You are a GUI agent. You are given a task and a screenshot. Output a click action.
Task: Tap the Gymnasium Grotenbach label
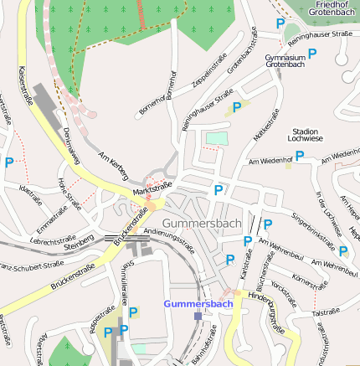(283, 61)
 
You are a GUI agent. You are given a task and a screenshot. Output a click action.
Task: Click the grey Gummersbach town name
(202, 224)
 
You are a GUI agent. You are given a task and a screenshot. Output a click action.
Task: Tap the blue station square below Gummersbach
(198, 317)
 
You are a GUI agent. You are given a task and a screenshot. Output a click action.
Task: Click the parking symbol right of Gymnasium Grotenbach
(312, 54)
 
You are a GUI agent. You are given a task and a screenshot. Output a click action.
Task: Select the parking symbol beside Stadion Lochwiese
(299, 155)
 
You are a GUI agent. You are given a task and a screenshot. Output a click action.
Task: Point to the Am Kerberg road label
(113, 165)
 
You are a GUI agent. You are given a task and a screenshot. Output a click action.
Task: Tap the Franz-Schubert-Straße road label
(31, 268)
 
